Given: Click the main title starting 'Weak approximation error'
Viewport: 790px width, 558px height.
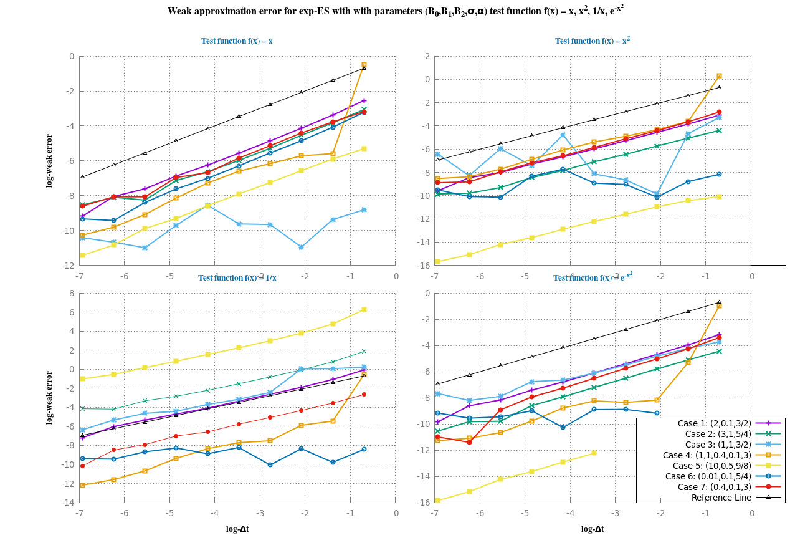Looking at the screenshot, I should pyautogui.click(x=395, y=11).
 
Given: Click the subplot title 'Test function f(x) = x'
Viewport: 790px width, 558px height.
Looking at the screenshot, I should pyautogui.click(x=237, y=41).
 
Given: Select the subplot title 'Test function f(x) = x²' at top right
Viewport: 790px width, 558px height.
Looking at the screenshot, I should pyautogui.click(x=592, y=41).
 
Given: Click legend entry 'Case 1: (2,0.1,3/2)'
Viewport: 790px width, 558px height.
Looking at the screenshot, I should pyautogui.click(x=716, y=423).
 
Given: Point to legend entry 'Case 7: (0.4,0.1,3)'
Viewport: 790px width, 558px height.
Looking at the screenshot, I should pyautogui.click(x=716, y=487).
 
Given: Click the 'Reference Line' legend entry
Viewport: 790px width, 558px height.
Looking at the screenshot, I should pyautogui.click(x=723, y=498).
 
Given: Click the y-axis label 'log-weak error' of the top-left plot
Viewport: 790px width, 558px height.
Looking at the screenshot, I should pyautogui.click(x=49, y=161).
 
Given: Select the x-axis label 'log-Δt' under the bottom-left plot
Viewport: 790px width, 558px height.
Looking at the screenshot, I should pyautogui.click(x=237, y=529).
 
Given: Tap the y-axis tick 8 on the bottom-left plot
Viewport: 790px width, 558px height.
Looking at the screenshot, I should pyautogui.click(x=71, y=293).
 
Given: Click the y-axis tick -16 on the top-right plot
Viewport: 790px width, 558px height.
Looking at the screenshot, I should pyautogui.click(x=425, y=266).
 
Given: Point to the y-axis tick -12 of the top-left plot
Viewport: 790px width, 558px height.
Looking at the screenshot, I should pyautogui.click(x=68, y=266).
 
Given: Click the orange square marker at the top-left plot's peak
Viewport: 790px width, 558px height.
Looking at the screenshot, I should pyautogui.click(x=364, y=65).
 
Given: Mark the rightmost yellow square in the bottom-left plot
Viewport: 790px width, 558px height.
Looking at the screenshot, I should pyautogui.click(x=364, y=309).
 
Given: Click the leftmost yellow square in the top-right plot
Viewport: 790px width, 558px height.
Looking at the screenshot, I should pyautogui.click(x=437, y=261).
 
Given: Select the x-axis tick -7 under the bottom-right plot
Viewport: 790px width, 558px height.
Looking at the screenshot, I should pyautogui.click(x=435, y=514).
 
